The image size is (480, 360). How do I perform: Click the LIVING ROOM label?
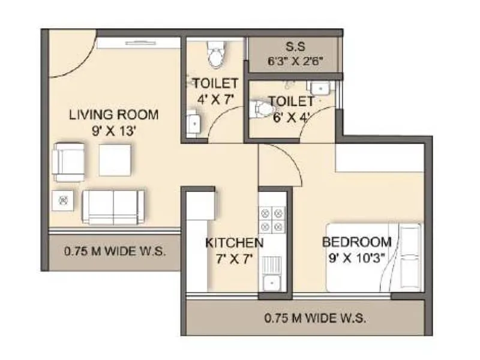coord(113,114)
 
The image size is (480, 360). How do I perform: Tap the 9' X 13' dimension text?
coord(113,130)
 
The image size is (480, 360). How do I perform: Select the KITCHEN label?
coord(234,243)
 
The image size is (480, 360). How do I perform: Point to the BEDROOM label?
coord(356,242)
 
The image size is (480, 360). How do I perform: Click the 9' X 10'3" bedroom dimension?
coord(357,258)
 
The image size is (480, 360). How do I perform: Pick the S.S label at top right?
coord(293,46)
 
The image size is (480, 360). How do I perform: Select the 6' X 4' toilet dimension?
coord(291,117)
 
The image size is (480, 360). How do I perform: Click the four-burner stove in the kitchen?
coord(271,219)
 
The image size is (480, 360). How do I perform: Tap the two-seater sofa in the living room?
coord(113,207)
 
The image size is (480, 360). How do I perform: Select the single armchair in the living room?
coord(68,161)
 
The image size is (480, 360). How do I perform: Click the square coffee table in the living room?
coord(115,160)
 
